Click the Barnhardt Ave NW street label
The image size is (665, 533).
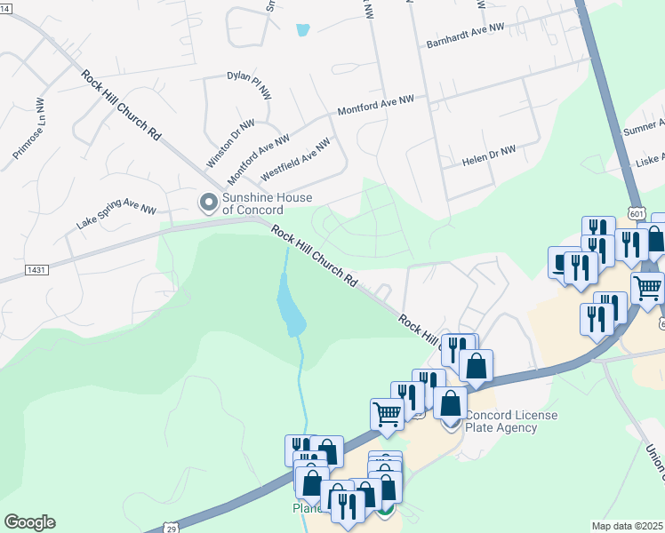[465, 36]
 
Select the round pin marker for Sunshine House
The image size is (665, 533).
[209, 203]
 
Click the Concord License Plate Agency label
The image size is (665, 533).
[512, 421]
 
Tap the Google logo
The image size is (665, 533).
[29, 522]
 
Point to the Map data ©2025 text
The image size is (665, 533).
[628, 526]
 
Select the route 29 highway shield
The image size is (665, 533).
[169, 528]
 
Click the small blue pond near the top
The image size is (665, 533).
[303, 30]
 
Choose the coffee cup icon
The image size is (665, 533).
[562, 262]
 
